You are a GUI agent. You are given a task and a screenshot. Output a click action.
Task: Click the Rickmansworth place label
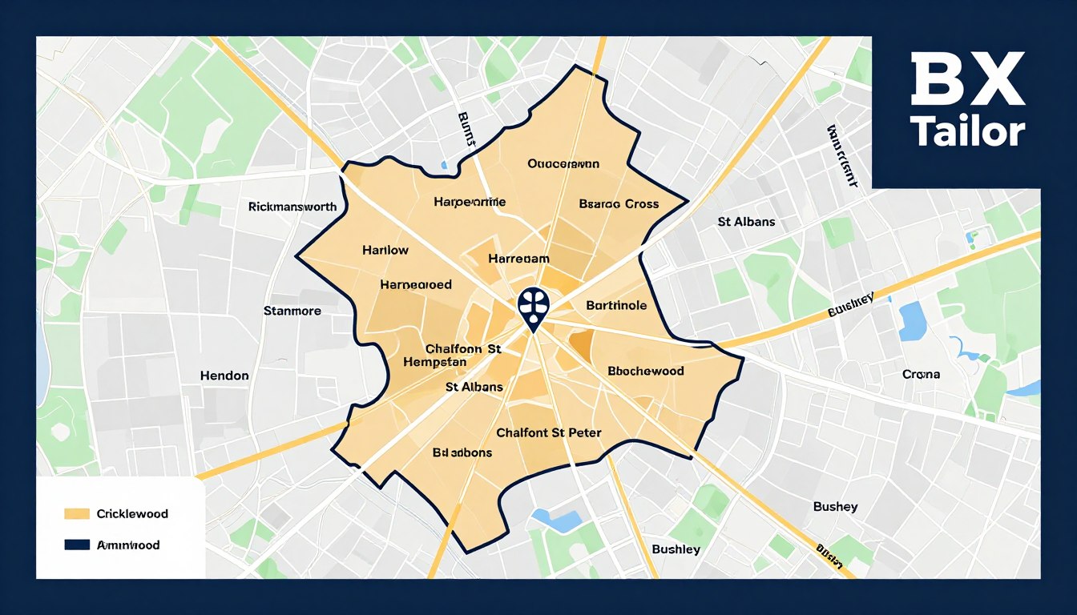point(292,207)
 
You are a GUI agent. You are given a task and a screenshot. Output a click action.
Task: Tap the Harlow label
point(385,250)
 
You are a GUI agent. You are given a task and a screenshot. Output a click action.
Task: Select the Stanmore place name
point(292,311)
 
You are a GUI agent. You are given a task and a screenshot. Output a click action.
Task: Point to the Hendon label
point(224,376)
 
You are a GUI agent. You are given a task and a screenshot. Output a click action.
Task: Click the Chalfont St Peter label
point(549,433)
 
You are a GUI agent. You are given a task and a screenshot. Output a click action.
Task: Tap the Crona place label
point(922,374)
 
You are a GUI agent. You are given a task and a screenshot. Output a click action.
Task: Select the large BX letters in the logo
point(967,80)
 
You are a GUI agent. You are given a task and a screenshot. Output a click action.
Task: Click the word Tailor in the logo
point(967,131)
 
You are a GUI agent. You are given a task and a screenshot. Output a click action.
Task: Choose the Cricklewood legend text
point(132,513)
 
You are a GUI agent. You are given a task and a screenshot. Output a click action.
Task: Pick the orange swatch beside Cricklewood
point(76,513)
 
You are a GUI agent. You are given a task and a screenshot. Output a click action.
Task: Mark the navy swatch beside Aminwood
point(76,545)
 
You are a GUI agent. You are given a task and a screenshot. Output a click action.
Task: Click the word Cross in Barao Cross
point(641,204)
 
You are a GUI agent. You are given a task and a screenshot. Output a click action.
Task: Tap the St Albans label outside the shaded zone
point(746,221)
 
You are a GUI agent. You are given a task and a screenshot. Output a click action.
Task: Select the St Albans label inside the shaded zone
point(474,387)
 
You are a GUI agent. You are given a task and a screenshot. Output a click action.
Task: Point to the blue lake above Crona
point(912,321)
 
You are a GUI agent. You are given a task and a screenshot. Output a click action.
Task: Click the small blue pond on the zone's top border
point(443,165)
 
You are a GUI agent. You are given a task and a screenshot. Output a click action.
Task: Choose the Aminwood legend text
point(128,545)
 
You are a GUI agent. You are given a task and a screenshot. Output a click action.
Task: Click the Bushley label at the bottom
point(676,549)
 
